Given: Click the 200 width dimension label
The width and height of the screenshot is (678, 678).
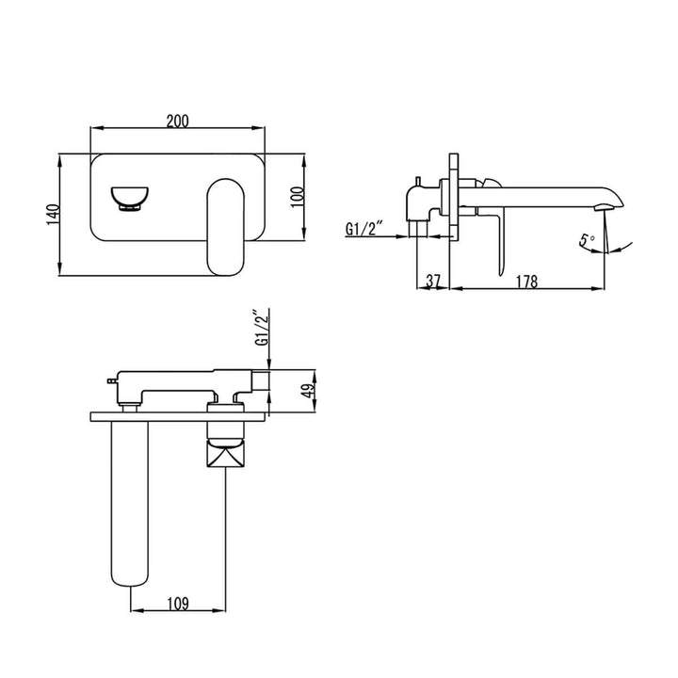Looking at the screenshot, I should pyautogui.click(x=178, y=121).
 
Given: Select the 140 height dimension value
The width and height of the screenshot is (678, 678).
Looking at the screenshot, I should pyautogui.click(x=52, y=216).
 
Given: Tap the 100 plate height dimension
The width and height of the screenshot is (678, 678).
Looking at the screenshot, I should pyautogui.click(x=297, y=199).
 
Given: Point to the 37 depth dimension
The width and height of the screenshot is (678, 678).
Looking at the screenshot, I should pyautogui.click(x=433, y=280).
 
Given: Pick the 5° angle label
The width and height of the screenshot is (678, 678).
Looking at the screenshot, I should pyautogui.click(x=588, y=241).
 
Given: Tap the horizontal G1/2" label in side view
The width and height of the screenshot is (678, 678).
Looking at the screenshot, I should pyautogui.click(x=365, y=228).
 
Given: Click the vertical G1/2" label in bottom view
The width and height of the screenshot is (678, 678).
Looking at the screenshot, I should pyautogui.click(x=261, y=329).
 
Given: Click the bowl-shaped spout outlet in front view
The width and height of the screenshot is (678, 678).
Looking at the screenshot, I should pyautogui.click(x=129, y=198).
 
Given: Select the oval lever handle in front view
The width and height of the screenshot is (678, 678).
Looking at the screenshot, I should pyautogui.click(x=226, y=227).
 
